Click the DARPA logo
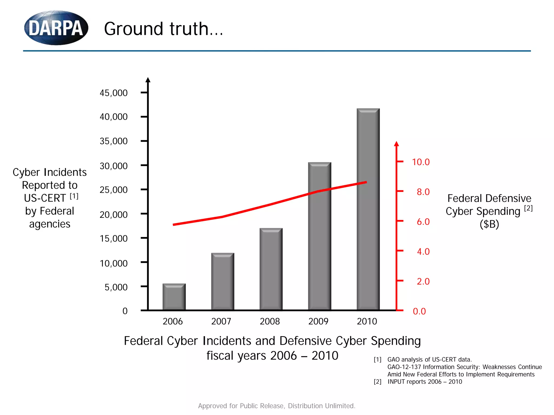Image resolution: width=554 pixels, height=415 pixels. (56, 28)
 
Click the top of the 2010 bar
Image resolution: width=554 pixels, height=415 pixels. (368, 109)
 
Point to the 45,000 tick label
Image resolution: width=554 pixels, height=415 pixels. (114, 93)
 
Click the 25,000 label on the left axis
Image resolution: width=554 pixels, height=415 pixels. (114, 190)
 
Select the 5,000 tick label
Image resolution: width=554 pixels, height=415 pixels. (116, 287)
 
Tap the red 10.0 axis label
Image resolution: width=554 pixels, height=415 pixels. (421, 162)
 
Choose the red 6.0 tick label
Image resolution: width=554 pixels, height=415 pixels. (423, 222)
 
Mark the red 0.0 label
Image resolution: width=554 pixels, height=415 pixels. (419, 311)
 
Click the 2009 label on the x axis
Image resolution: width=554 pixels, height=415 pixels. (318, 322)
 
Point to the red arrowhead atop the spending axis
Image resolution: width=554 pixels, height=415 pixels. (396, 144)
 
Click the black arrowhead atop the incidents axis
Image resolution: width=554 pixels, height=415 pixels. (148, 80)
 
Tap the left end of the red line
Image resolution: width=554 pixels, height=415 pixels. (174, 225)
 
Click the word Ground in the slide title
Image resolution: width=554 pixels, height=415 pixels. (133, 29)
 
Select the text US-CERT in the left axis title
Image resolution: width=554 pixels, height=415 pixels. (45, 198)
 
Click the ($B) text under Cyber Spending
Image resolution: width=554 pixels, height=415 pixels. (489, 224)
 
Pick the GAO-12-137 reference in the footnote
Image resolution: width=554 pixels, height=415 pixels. (404, 367)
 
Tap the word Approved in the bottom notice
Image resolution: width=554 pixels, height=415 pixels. (213, 406)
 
